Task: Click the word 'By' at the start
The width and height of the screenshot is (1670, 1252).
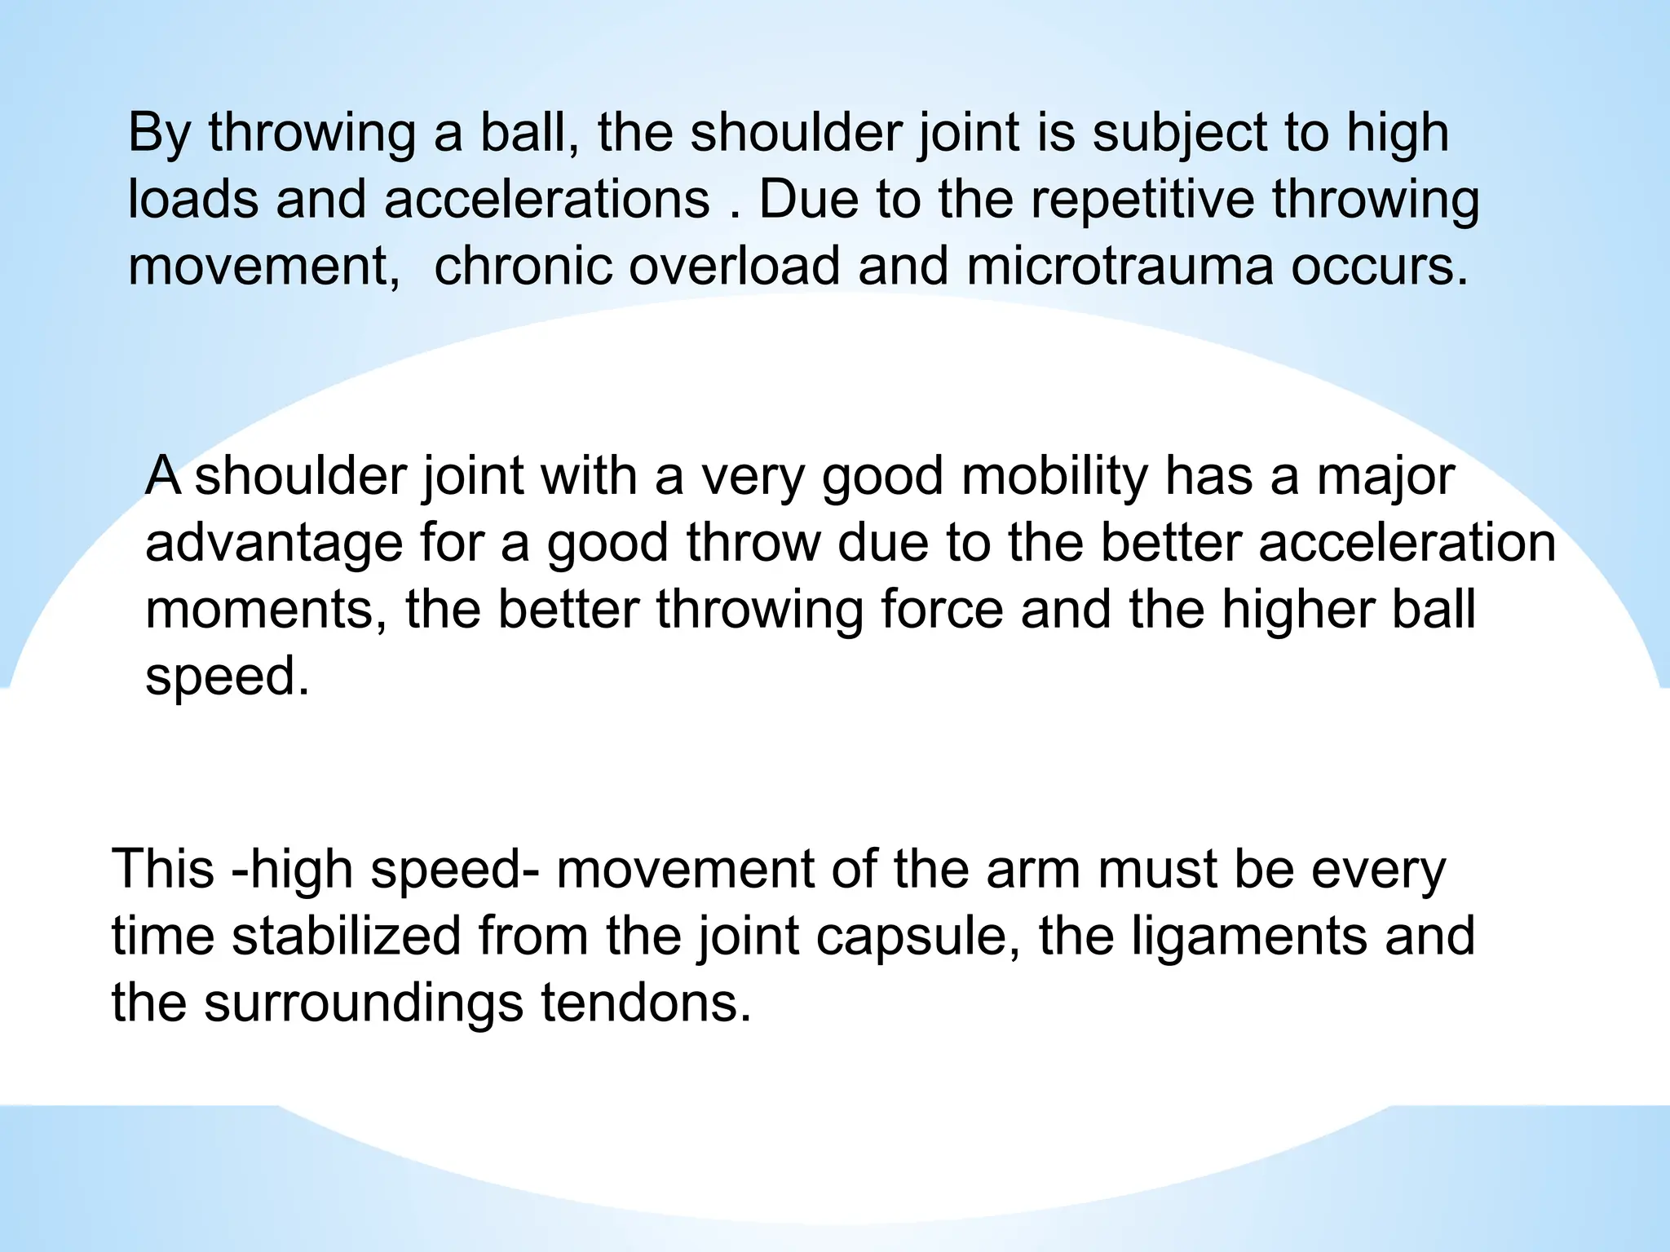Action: [159, 134]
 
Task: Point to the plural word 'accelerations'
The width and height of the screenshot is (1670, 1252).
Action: [546, 201]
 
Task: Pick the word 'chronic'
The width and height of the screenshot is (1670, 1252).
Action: [522, 267]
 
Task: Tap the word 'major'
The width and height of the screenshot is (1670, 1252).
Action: [1385, 478]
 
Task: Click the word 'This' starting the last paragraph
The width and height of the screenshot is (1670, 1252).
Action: [163, 870]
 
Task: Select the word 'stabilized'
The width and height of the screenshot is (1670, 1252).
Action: [347, 937]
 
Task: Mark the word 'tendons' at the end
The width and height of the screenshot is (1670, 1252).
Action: [645, 1003]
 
